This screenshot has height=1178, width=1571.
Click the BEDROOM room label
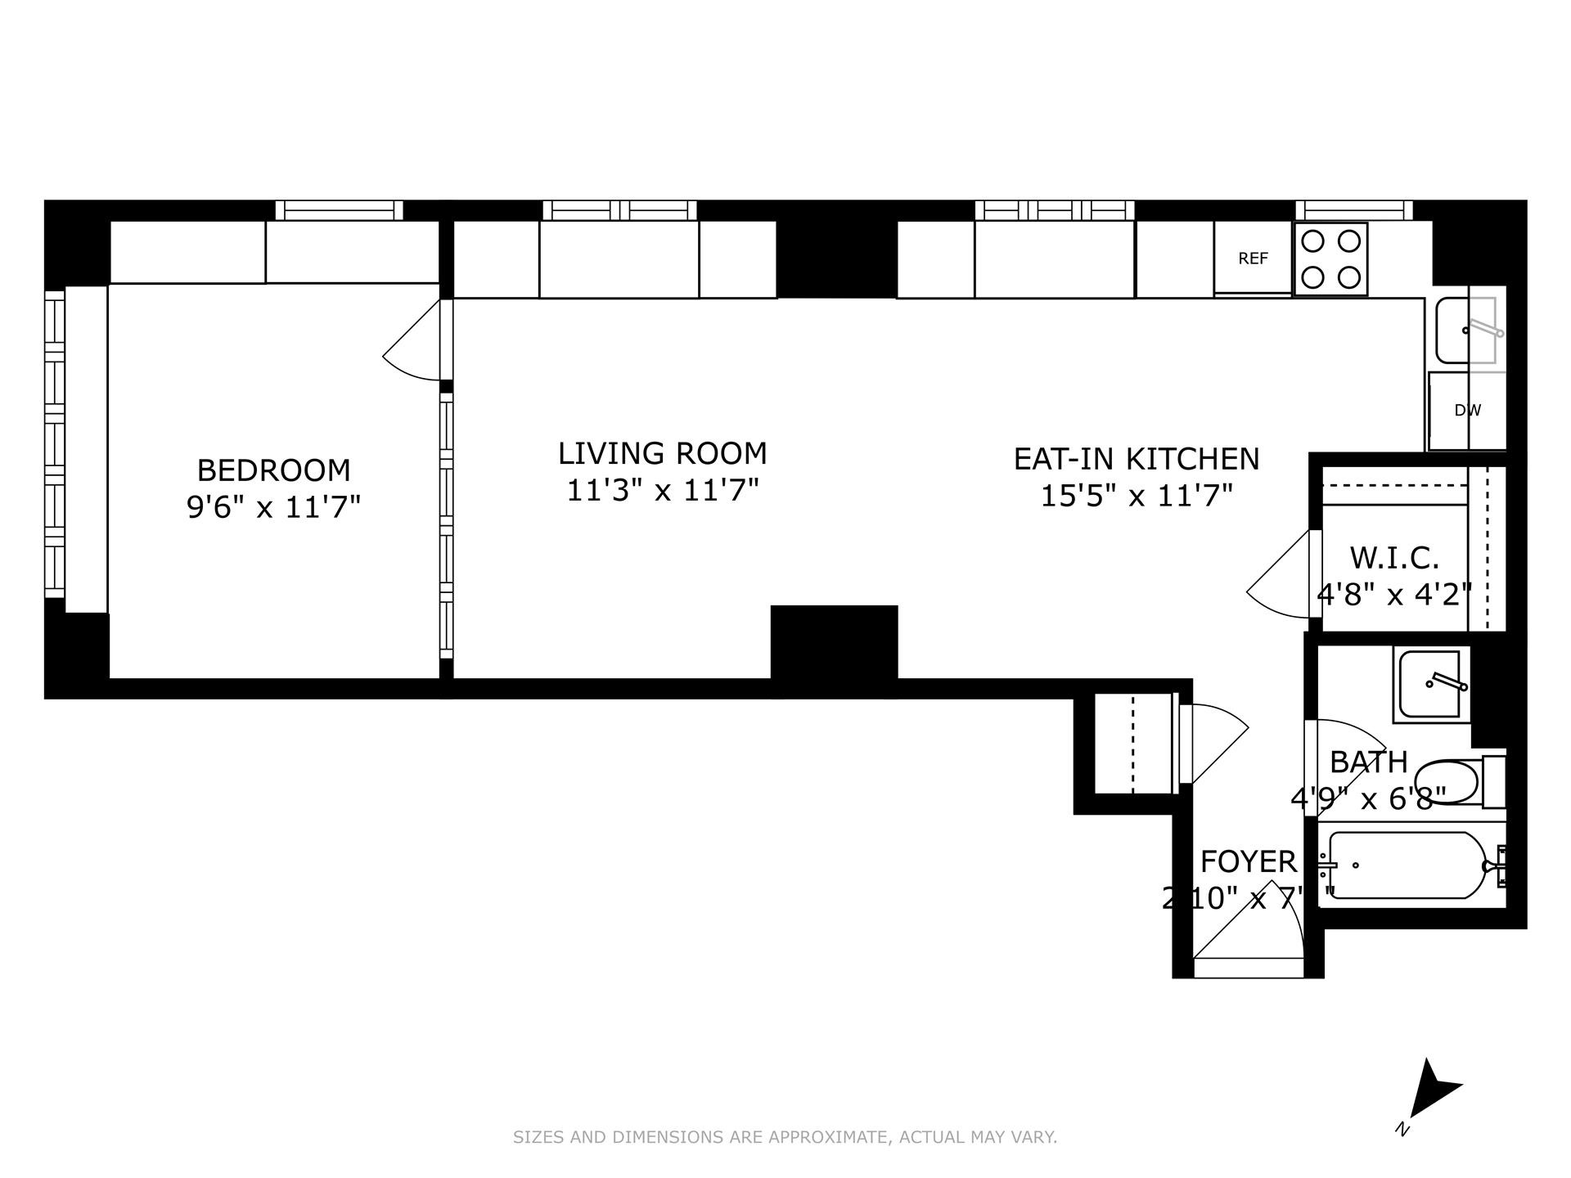click(273, 470)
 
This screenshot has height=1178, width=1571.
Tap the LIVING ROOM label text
click(662, 453)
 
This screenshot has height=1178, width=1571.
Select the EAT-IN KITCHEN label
click(1136, 459)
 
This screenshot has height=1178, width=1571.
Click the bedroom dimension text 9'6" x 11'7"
click(273, 507)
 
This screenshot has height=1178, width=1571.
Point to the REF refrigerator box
click(1253, 259)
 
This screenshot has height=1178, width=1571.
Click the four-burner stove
click(1330, 259)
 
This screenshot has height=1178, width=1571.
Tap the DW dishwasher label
click(1467, 411)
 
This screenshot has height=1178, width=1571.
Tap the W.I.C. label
click(1393, 558)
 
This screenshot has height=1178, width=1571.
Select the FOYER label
click(1248, 862)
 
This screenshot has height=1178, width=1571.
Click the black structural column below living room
click(834, 650)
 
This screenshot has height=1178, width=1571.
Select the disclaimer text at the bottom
click(785, 1137)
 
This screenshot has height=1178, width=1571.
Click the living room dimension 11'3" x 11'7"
click(662, 490)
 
